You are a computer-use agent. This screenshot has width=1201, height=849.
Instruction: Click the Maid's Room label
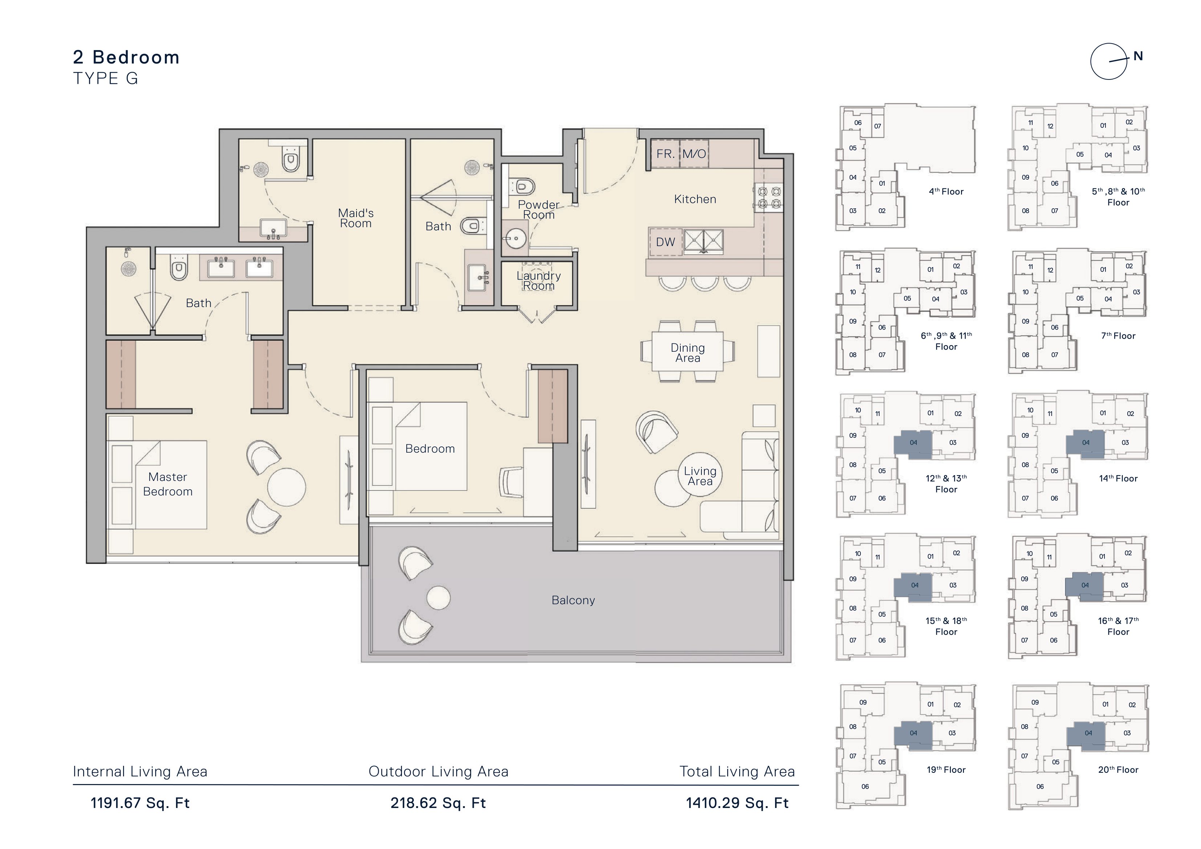(x=356, y=218)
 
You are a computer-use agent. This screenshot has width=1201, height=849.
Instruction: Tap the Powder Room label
(x=539, y=210)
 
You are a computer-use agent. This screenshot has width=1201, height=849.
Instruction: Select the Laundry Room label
(x=539, y=281)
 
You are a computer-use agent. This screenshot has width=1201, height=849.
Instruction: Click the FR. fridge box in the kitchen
(x=665, y=154)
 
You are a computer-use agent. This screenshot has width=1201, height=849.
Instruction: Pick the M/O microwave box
(x=694, y=154)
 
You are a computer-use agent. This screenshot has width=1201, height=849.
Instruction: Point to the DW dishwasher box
(x=665, y=242)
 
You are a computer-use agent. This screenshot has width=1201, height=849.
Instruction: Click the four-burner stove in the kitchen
(x=768, y=198)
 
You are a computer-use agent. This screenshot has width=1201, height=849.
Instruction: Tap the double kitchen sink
(x=704, y=242)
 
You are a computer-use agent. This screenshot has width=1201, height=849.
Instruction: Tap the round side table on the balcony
(x=438, y=598)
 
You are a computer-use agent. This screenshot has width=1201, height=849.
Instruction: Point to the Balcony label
(x=573, y=600)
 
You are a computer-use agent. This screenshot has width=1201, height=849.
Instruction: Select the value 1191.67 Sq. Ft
(x=140, y=803)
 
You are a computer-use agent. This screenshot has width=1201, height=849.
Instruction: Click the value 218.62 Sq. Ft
(x=438, y=803)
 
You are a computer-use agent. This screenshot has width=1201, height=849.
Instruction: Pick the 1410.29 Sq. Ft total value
(x=737, y=803)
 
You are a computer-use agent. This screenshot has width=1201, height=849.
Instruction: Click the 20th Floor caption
(x=1118, y=770)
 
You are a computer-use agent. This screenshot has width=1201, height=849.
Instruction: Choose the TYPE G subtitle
(x=106, y=78)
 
